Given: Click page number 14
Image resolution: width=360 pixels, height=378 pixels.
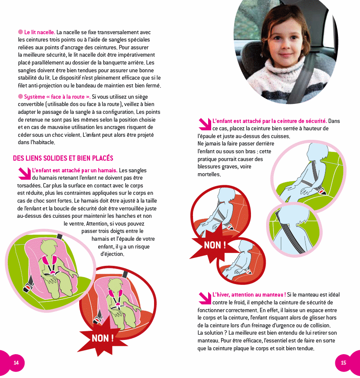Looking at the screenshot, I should click(16, 362).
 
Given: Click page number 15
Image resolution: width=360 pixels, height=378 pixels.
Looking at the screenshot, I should click(344, 362).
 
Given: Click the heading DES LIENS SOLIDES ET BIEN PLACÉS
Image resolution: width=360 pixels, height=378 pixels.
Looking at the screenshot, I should click(63, 158).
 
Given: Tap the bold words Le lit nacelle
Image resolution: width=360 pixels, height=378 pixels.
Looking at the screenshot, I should click(39, 32).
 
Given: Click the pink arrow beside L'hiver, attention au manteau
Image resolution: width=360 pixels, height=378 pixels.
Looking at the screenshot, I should click(204, 298).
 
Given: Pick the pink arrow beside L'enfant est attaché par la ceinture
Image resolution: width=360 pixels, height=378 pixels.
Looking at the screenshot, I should click(204, 124).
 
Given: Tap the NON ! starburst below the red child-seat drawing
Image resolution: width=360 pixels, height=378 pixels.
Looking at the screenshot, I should click(103, 337).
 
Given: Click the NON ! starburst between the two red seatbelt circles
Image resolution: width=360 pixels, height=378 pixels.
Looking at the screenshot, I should click(215, 245).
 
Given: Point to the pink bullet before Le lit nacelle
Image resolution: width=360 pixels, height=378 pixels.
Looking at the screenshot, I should click(20, 32).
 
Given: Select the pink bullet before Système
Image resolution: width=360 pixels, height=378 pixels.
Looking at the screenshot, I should click(20, 97).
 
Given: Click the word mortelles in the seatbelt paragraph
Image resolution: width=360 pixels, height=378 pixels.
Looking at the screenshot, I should click(209, 174).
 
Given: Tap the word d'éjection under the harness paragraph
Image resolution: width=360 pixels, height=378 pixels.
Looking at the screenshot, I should click(112, 254).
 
